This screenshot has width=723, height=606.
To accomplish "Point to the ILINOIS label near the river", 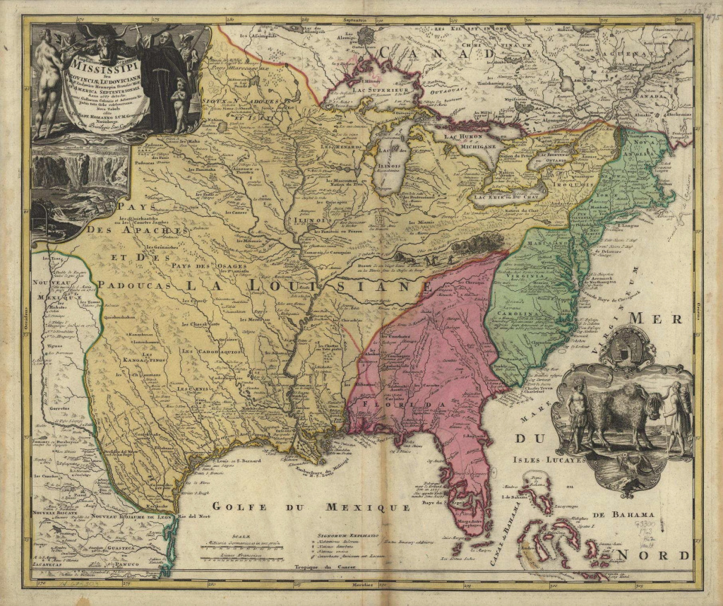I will point(304,219).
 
